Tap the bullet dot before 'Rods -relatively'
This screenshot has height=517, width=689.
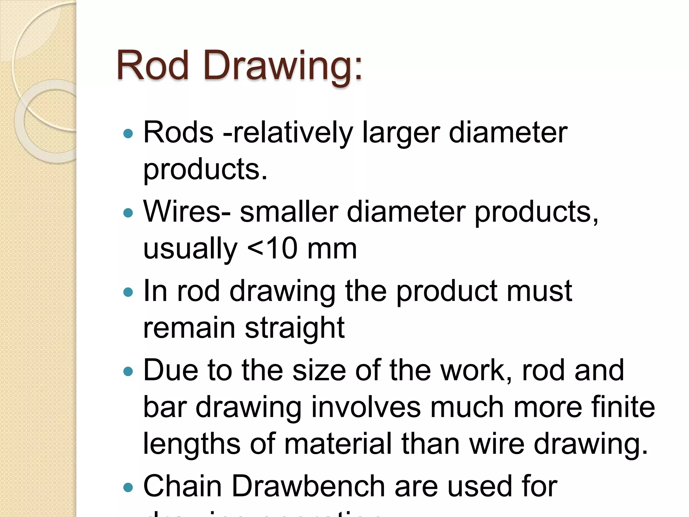pyautogui.click(x=128, y=134)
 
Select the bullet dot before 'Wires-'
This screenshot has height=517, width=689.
pyautogui.click(x=128, y=213)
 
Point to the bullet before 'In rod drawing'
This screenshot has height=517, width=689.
pyautogui.click(x=128, y=291)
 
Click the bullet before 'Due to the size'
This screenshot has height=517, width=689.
pyautogui.click(x=128, y=371)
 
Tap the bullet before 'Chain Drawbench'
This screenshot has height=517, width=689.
pyautogui.click(x=128, y=487)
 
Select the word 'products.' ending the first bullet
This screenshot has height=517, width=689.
pyautogui.click(x=205, y=170)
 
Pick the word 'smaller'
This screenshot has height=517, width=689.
pyautogui.click(x=289, y=212)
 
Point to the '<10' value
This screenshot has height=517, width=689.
pyautogui.click(x=273, y=249)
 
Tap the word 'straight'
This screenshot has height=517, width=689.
pyautogui.click(x=295, y=328)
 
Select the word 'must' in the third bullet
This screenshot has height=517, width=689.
pyautogui.click(x=539, y=291)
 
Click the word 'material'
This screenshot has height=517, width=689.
pyautogui.click(x=338, y=444)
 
